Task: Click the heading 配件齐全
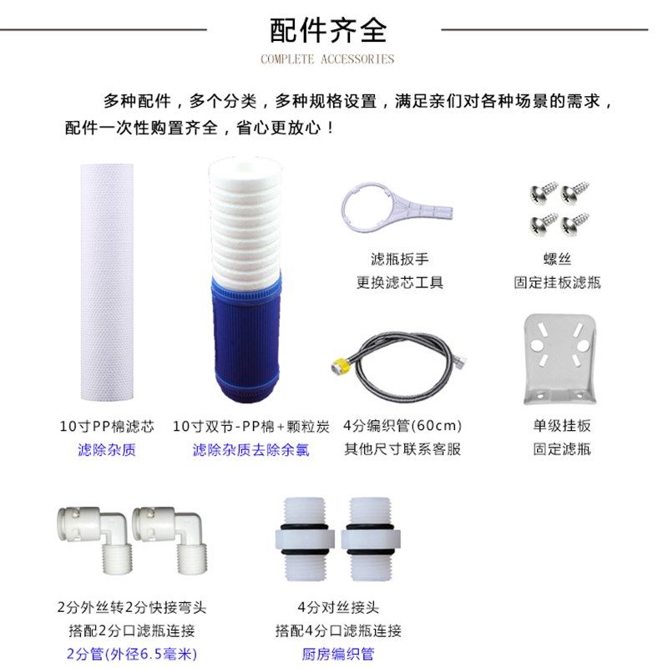click(327, 30)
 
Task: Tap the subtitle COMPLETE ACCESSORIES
click(327, 59)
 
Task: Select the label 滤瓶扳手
click(400, 260)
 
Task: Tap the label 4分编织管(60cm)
click(402, 426)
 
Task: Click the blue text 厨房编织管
click(338, 654)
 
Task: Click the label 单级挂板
click(562, 426)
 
